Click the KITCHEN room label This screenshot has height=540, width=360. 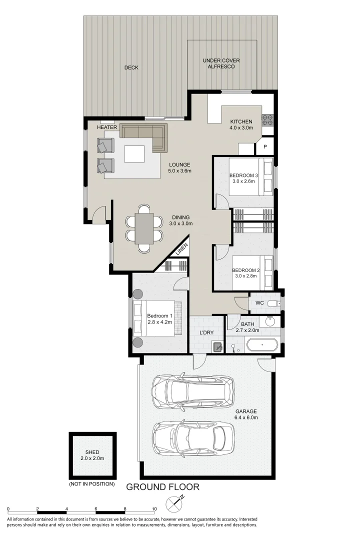(241, 121)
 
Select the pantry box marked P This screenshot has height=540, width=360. (264, 147)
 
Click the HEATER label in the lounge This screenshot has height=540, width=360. (106, 127)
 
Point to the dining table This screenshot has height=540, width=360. (144, 228)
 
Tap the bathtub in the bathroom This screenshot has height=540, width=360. (262, 344)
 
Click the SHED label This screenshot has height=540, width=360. (92, 452)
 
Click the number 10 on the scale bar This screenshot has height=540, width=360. (154, 509)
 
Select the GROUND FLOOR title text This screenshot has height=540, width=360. (162, 486)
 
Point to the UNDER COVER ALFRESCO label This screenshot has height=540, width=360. (221, 63)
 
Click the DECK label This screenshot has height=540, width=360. (131, 68)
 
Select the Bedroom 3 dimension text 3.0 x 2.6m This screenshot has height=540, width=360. (243, 181)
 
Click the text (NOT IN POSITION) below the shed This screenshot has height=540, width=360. (92, 484)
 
